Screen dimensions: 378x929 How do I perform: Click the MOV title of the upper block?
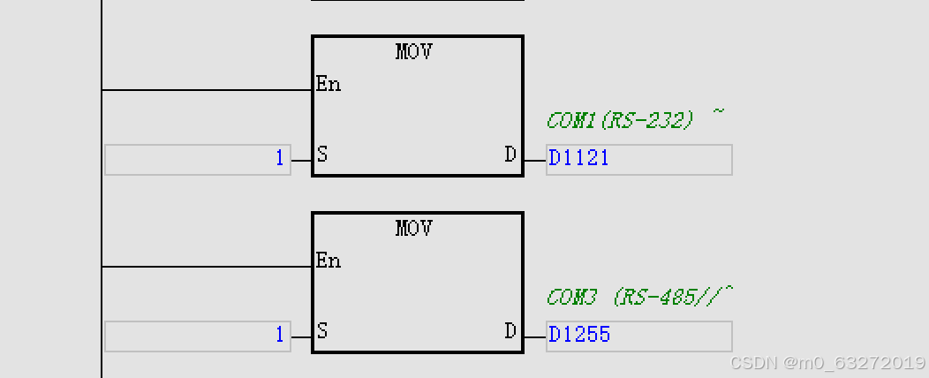tap(414, 52)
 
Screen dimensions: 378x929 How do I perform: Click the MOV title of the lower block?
tap(414, 229)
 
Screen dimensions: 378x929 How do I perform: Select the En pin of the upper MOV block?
tap(329, 85)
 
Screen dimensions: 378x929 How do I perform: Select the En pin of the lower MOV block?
tap(329, 261)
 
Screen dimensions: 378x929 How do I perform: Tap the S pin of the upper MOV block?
tap(322, 155)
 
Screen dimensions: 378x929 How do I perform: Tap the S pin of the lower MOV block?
tap(322, 332)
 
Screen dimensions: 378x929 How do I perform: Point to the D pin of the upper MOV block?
tap(510, 155)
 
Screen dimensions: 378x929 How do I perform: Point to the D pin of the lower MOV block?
tap(510, 332)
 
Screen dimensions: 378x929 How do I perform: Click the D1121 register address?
tap(579, 159)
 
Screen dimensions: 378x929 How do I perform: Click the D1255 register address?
tap(579, 336)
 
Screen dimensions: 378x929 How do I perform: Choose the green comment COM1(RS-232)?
tap(620, 120)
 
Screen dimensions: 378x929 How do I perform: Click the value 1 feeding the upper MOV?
tap(280, 159)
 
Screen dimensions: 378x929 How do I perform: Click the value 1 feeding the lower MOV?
tap(280, 336)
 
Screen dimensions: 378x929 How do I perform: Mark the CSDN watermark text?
tap(752, 363)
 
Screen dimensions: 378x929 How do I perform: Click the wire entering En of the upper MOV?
tap(208, 90)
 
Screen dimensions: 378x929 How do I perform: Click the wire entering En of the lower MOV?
tap(208, 267)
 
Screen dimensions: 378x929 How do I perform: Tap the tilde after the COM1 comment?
tap(718, 112)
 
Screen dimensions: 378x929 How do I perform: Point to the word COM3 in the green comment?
tap(571, 297)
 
